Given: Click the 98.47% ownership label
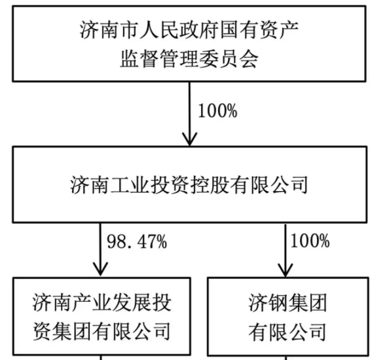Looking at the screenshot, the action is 137,242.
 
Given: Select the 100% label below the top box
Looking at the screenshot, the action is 217,111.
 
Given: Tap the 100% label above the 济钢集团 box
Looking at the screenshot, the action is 310,241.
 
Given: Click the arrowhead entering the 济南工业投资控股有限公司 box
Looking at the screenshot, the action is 189,139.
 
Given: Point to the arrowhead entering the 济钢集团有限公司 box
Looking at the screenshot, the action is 286,270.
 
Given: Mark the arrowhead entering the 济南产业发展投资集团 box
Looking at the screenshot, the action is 101,269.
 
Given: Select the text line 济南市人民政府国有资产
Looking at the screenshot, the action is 189,30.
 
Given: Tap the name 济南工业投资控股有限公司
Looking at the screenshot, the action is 189,185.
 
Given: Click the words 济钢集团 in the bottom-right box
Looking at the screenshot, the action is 288,303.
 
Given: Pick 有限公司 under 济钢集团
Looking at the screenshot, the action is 288,332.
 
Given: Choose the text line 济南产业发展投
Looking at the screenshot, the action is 102,302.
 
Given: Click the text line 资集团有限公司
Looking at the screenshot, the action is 102,331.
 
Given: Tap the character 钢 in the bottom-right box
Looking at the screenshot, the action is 278,303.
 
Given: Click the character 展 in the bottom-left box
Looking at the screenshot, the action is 142,302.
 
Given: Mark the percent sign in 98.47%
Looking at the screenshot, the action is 161,242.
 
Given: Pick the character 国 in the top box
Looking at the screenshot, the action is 229,30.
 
